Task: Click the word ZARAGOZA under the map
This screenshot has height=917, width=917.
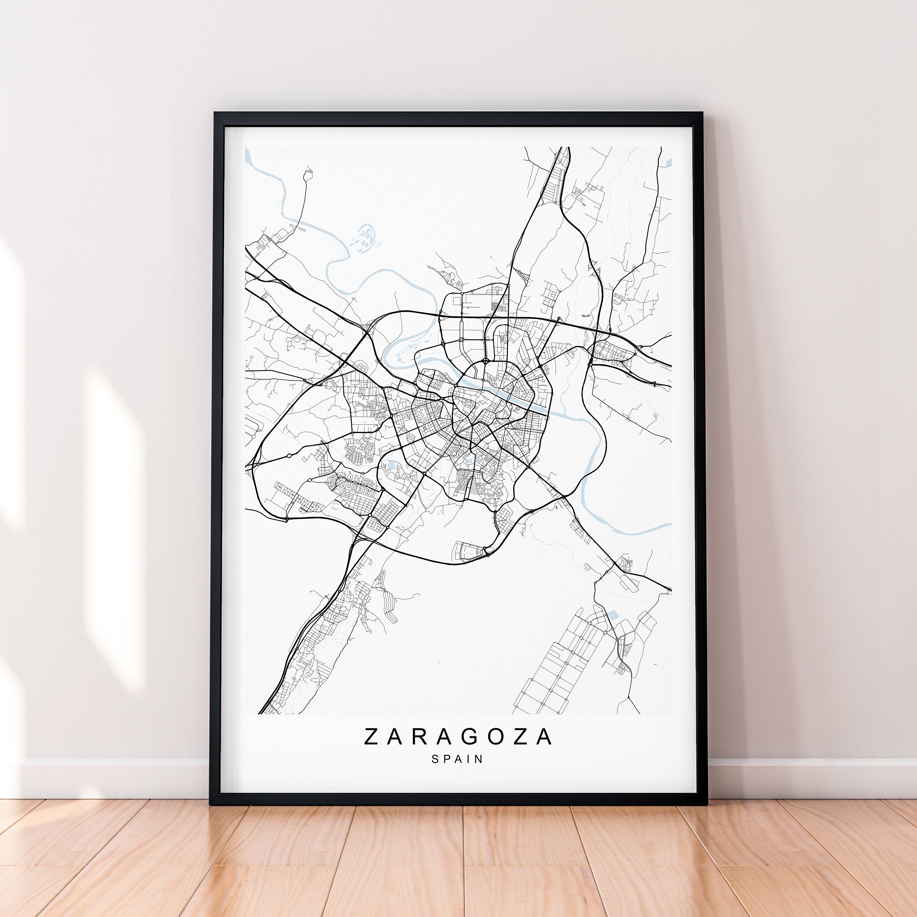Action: pos(458,737)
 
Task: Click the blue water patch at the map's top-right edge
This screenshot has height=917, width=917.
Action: pos(669,161)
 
